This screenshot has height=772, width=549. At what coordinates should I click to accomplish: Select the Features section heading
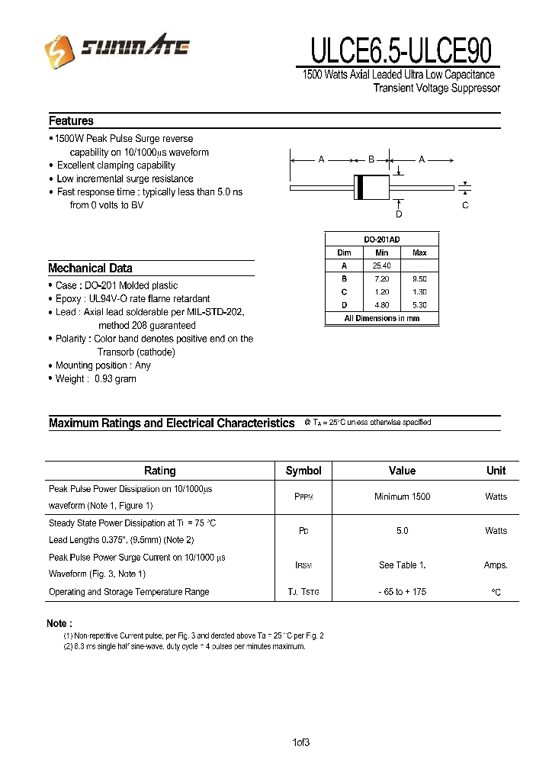(x=71, y=121)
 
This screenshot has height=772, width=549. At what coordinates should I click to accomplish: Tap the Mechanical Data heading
(x=90, y=269)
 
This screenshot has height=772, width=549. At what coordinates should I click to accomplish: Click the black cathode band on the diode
(x=359, y=187)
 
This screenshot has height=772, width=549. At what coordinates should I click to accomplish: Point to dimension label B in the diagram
(x=371, y=159)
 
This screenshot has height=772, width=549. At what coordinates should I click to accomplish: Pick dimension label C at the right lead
(x=465, y=205)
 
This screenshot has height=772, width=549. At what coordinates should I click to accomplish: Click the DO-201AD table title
(x=381, y=240)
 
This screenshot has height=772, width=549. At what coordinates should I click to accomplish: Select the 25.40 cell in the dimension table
(x=381, y=265)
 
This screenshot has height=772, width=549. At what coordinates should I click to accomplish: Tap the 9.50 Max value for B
(x=419, y=278)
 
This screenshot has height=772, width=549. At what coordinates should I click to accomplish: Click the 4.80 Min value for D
(x=381, y=305)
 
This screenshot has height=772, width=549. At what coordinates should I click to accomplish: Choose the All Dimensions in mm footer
(x=381, y=319)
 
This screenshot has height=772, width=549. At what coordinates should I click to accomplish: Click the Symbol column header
(x=303, y=471)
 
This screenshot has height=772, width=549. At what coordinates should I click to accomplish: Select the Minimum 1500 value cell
(x=402, y=497)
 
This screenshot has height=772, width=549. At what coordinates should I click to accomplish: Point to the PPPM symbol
(x=303, y=497)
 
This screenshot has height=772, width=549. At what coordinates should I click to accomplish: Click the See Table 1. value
(x=402, y=565)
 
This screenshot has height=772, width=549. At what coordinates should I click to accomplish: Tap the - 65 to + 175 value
(x=402, y=592)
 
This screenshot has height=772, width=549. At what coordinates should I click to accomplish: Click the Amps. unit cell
(x=496, y=565)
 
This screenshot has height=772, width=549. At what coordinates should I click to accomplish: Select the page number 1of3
(x=300, y=742)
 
